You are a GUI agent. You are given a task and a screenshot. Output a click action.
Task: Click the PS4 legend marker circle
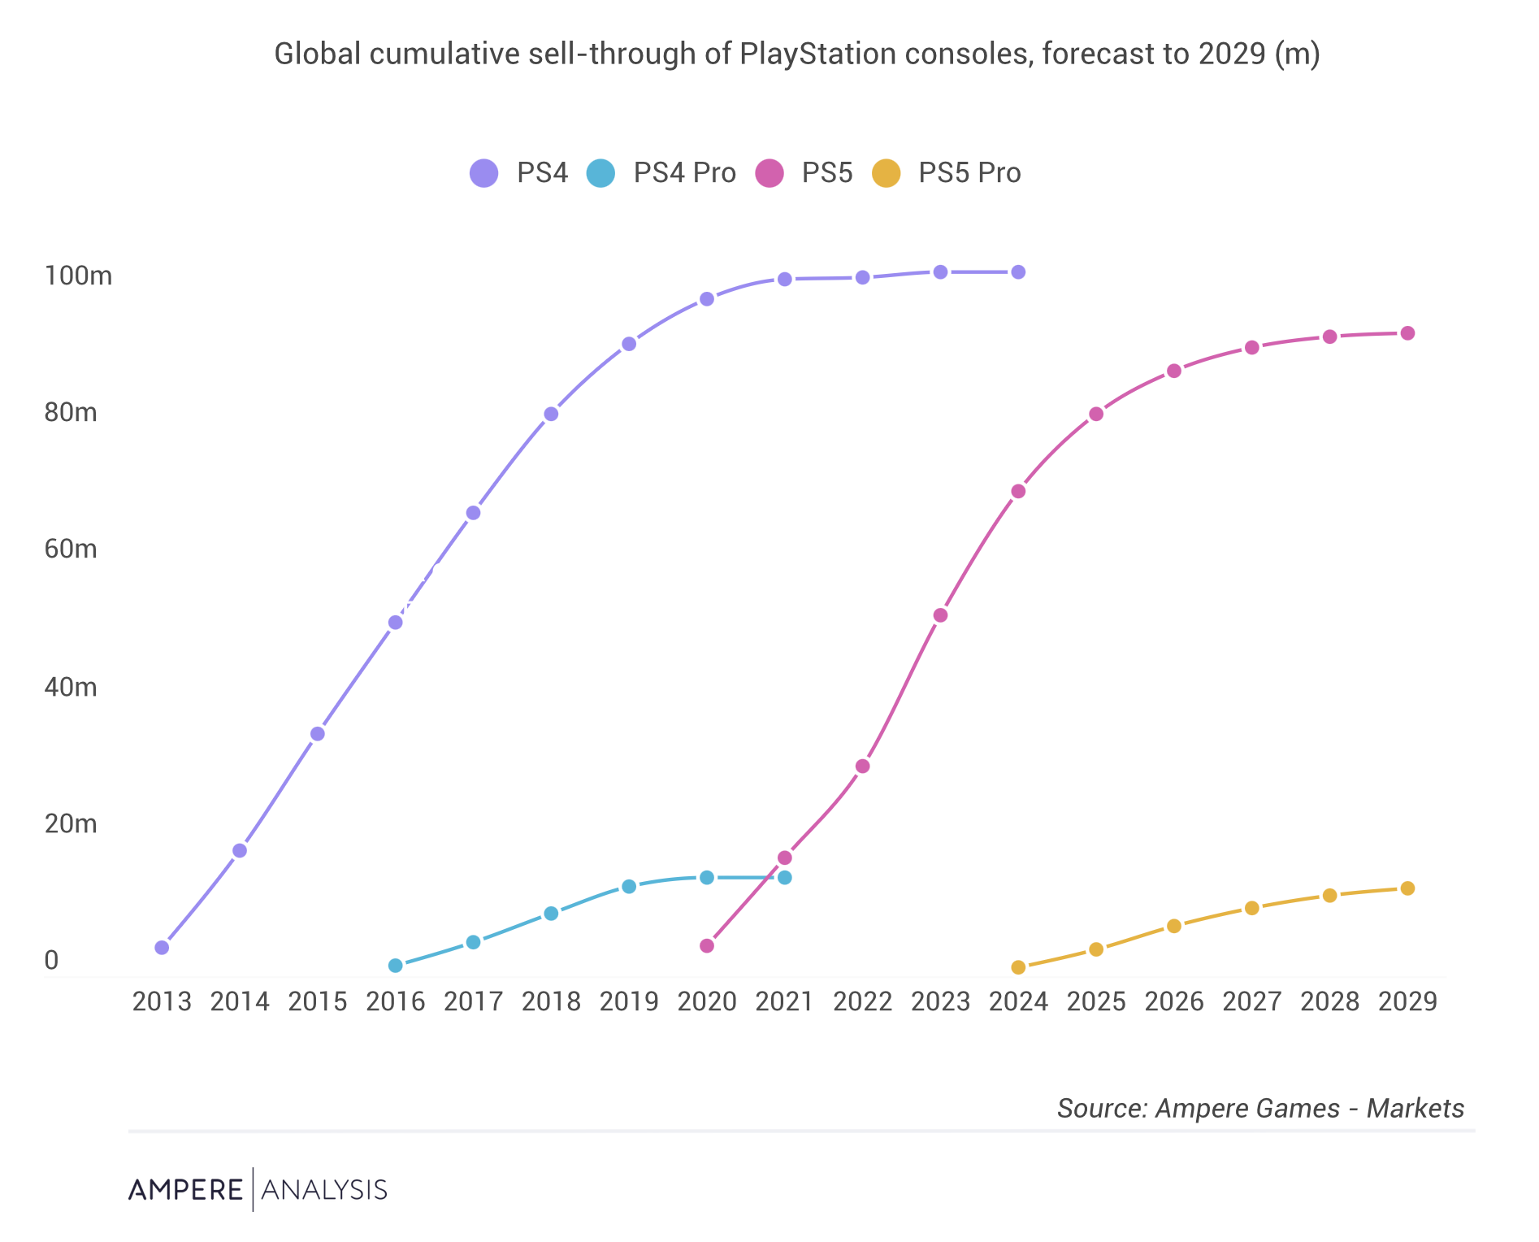[484, 173]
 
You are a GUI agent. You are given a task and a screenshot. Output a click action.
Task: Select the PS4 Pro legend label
[684, 173]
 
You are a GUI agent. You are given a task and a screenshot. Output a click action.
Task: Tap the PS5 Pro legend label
[969, 173]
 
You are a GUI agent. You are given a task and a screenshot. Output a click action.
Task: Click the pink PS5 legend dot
[769, 173]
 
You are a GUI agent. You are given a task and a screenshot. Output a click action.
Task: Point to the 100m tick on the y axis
[78, 276]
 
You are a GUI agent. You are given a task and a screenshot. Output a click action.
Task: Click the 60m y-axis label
[71, 549]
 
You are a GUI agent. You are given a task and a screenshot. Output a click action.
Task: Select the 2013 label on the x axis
[162, 1001]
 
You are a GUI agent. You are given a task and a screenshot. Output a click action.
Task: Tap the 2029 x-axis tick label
[1407, 1001]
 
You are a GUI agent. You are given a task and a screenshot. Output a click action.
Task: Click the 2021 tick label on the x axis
[784, 1001]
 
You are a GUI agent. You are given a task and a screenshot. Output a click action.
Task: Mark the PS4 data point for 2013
[162, 948]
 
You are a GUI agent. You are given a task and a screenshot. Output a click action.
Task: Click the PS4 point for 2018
[551, 414]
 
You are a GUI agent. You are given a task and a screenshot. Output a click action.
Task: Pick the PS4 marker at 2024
[1018, 272]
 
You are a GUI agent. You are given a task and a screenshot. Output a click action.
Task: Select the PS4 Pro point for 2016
[396, 966]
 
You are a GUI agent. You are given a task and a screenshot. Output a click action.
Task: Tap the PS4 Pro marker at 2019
[629, 886]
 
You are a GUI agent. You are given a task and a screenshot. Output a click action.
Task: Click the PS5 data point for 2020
[707, 946]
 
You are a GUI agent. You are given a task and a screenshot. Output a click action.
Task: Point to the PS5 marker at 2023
[940, 615]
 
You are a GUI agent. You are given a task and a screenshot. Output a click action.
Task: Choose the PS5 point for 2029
[1407, 333]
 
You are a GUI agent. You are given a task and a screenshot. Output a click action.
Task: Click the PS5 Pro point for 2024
[1018, 967]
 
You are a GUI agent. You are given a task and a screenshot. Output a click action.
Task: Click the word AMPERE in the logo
[185, 1190]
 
